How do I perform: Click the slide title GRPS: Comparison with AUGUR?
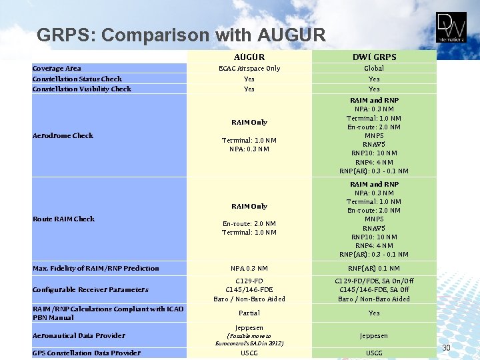click(181, 35)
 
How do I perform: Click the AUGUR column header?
click(249, 57)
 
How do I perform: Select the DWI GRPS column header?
click(374, 57)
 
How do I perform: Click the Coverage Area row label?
click(57, 68)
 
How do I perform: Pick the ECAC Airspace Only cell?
click(249, 68)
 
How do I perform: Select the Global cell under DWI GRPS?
click(374, 68)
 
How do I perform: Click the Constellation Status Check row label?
click(77, 79)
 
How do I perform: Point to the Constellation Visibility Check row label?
click(82, 89)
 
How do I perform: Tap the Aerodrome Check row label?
click(63, 135)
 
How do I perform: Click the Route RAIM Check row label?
click(64, 219)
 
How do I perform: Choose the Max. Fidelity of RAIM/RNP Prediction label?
click(96, 268)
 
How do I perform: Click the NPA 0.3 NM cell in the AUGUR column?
click(249, 268)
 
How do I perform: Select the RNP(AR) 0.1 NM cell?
click(374, 268)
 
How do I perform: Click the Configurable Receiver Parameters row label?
click(91, 289)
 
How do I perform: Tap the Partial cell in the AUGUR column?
click(249, 313)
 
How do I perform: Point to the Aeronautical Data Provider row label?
click(79, 335)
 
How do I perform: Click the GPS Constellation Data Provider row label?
click(87, 353)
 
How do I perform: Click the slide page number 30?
click(447, 347)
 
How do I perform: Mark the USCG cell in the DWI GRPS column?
click(374, 353)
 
